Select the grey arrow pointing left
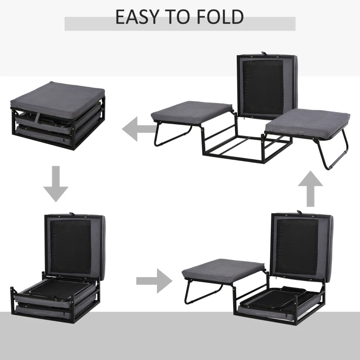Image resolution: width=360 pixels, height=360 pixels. click(x=139, y=129)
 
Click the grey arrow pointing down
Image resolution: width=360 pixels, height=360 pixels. click(x=56, y=184)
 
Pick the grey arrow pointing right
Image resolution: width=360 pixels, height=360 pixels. click(x=154, y=281)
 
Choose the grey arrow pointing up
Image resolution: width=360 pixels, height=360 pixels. click(x=310, y=189)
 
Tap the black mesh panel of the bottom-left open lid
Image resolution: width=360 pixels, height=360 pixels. click(x=71, y=246)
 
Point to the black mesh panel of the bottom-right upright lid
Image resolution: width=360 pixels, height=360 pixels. click(x=298, y=246)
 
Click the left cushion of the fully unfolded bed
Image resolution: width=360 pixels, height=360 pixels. click(x=192, y=112)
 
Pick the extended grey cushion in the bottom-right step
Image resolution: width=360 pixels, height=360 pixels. click(x=223, y=270)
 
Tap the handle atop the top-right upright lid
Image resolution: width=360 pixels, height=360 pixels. click(x=264, y=53)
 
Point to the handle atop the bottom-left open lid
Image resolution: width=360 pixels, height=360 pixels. click(x=72, y=214)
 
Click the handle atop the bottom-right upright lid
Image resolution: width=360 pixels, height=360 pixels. click(x=300, y=211)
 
